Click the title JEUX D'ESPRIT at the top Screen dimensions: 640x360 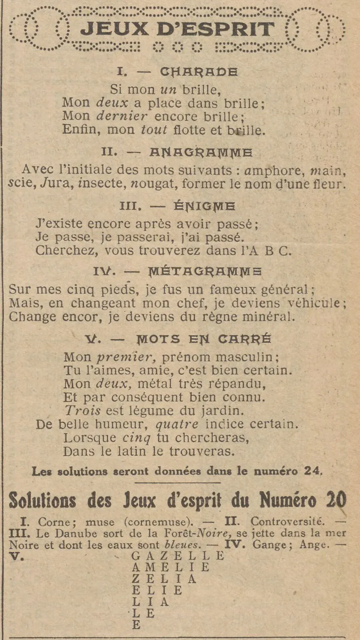177,29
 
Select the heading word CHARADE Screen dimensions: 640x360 199,72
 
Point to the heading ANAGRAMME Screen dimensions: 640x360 201,152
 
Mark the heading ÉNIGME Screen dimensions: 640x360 205,206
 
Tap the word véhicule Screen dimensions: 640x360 318,303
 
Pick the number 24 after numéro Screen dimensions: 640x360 313,471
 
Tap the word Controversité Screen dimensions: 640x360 287,522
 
